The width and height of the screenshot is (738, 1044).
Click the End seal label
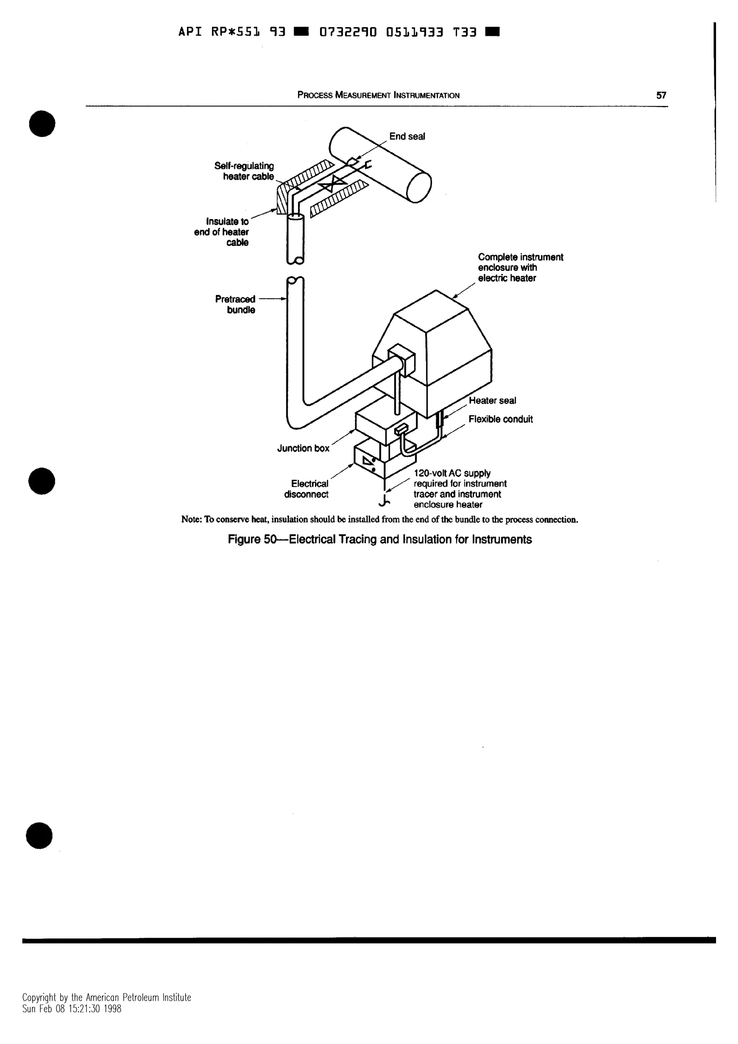[407, 137]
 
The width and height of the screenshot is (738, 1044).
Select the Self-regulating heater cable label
[244, 171]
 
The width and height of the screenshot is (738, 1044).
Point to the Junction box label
[303, 449]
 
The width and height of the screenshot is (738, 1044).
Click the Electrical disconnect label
[306, 489]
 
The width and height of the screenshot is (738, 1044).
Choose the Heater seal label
[493, 401]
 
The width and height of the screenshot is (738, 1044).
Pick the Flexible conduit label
[501, 419]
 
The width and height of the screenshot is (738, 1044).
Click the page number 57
[661, 95]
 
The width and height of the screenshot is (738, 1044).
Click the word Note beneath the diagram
[191, 519]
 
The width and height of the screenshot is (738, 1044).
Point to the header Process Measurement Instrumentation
[378, 95]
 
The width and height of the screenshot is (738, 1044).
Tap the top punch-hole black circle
[42, 123]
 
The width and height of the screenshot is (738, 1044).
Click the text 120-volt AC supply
[452, 473]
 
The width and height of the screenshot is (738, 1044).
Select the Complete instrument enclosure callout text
[520, 267]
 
